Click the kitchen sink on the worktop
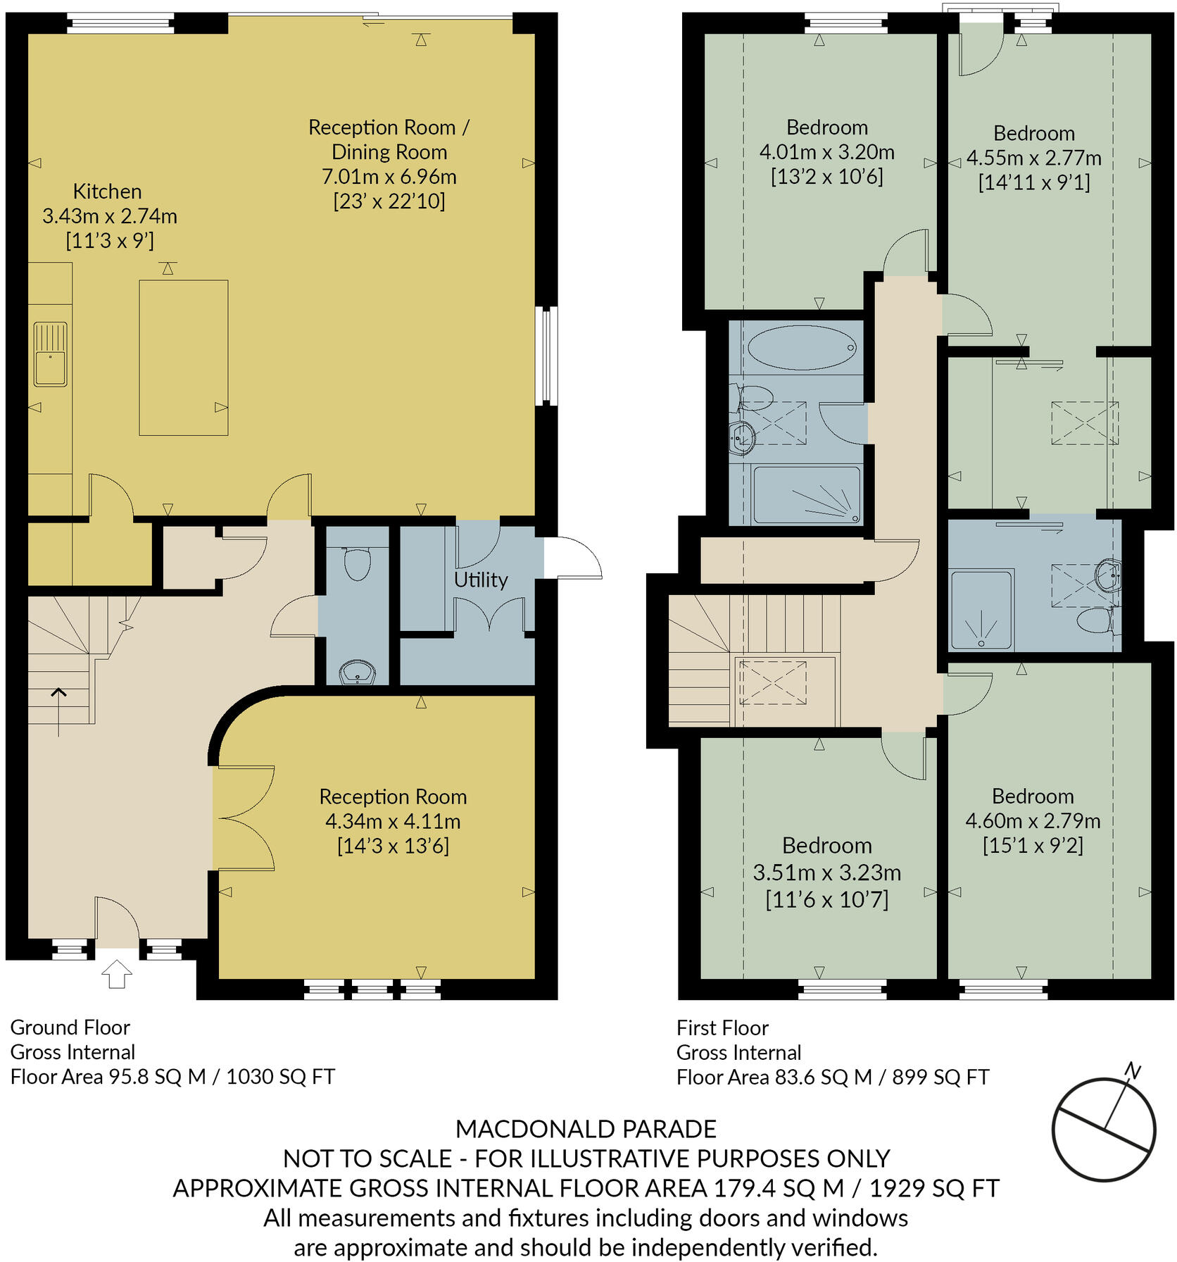tap(50, 354)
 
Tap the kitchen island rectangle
tap(183, 357)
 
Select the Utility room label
tap(480, 580)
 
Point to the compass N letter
tap(1132, 1071)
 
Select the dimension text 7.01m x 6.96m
tap(389, 176)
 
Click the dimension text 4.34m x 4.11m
tap(393, 821)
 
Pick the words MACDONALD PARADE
tap(586, 1129)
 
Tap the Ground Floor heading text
tap(70, 1027)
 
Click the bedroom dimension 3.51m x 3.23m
tap(826, 873)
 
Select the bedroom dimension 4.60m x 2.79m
tap(1032, 820)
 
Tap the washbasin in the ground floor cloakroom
tap(358, 673)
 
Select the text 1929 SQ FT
tap(934, 1188)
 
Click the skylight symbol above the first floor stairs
tap(772, 682)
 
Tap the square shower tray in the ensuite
tap(981, 610)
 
